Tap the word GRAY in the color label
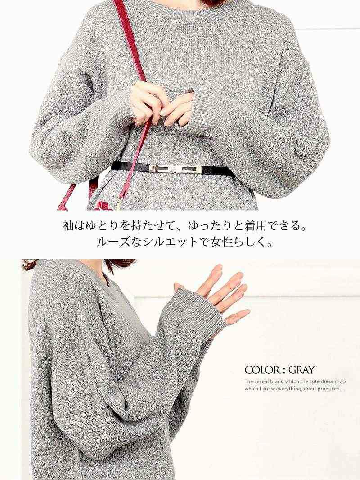[x=301, y=370]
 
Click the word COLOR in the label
[x=262, y=370]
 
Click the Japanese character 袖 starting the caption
[x=68, y=226]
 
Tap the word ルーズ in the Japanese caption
[x=115, y=242]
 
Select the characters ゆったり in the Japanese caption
[x=208, y=226]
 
